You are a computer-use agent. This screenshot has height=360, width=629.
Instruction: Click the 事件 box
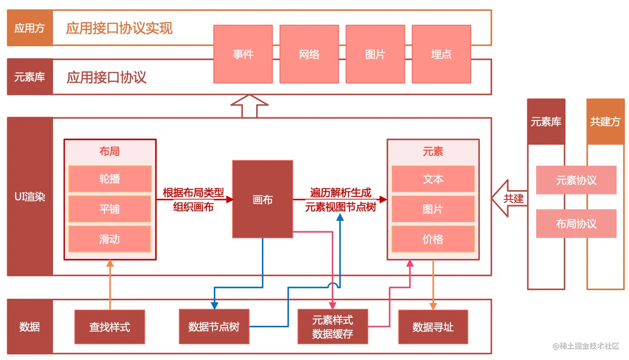[x=243, y=54]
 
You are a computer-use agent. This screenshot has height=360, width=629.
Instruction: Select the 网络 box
[x=309, y=54]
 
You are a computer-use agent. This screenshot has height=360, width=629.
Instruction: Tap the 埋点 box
[x=441, y=54]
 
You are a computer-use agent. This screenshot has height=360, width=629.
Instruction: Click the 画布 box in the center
[x=262, y=199]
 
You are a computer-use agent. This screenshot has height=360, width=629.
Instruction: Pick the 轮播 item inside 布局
[x=110, y=179]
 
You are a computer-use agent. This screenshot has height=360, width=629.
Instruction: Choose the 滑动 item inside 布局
[x=110, y=239]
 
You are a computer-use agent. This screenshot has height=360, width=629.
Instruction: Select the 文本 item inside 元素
[x=433, y=179]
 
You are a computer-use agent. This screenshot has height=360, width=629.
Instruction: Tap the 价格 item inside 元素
[x=433, y=239]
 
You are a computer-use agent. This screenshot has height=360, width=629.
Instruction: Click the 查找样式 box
[x=110, y=327]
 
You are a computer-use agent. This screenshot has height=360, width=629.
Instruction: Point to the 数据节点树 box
[x=214, y=327]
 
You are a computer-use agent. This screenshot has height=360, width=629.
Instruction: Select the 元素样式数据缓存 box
[x=333, y=327]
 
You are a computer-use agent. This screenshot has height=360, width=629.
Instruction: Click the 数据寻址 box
[x=433, y=327]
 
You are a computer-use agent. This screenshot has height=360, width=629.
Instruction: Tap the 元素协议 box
[x=576, y=180]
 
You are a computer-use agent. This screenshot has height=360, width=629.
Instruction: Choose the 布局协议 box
[x=576, y=224]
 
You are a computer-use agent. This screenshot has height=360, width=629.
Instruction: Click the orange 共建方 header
[x=605, y=122]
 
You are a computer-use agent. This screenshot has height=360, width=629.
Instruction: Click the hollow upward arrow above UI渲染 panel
[x=249, y=106]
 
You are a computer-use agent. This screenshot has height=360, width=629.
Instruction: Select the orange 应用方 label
[x=30, y=28]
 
